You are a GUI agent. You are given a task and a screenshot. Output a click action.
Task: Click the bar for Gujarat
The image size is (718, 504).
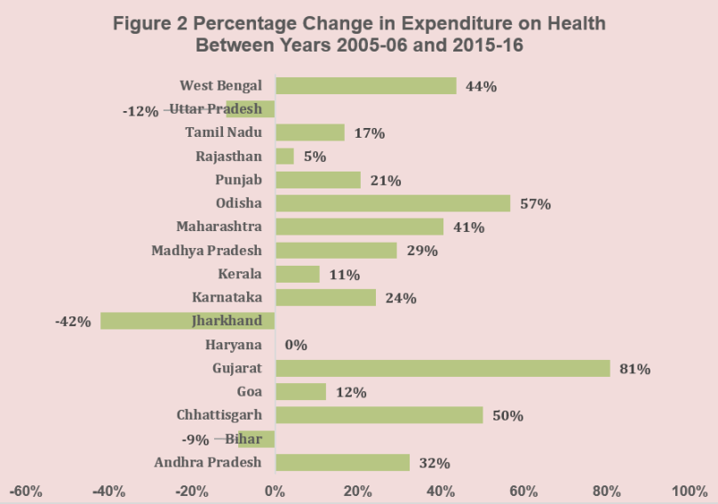coord(443,368)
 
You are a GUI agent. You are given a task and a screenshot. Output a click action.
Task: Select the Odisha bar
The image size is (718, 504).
coord(393,204)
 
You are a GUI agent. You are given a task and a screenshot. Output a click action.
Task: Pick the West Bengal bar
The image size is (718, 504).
coord(365,85)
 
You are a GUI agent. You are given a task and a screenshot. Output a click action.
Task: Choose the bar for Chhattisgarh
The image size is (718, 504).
coord(379,415)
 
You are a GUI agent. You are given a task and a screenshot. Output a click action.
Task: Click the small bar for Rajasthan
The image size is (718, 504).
coord(284,156)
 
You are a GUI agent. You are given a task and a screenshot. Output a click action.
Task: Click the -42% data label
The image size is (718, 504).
coord(74,322)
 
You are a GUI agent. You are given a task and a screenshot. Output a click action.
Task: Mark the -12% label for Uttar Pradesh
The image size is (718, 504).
coord(141,111)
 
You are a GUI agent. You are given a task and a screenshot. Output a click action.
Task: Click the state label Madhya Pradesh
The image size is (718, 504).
coord(206,251)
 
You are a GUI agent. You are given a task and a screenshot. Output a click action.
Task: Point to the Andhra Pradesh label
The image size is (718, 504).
coord(208,462)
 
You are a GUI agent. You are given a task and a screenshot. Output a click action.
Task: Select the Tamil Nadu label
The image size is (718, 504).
coord(223,132)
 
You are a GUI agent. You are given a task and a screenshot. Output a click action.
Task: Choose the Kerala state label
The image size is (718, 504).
coord(239,274)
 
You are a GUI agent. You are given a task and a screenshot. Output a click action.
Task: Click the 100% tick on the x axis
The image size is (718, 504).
coord(689,491)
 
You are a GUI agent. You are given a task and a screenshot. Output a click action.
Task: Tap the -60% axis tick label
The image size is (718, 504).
coord(27,491)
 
